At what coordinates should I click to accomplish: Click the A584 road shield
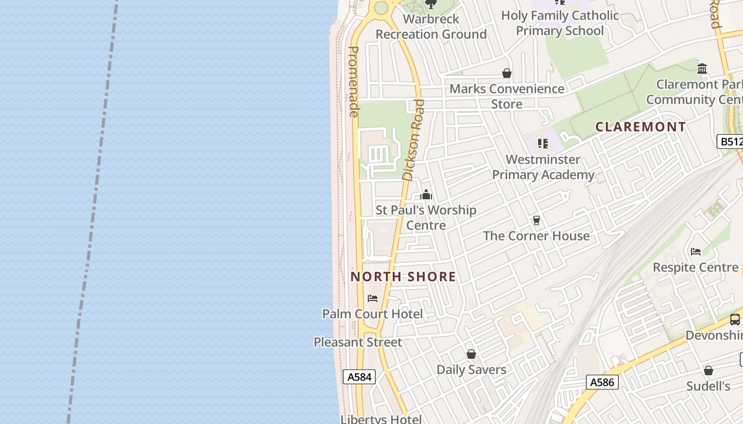[x=359, y=377]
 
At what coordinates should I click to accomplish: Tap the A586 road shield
[x=603, y=382]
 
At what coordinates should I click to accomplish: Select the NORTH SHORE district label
[x=403, y=277]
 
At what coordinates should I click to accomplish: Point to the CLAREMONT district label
[x=641, y=127]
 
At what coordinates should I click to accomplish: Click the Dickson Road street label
[x=414, y=140]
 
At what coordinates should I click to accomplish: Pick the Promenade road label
[x=353, y=82]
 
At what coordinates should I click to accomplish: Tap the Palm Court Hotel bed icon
[x=373, y=298]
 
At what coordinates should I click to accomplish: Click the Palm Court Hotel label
[x=373, y=314]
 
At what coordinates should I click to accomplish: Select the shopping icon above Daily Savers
[x=471, y=354]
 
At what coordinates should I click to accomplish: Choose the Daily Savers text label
[x=471, y=369]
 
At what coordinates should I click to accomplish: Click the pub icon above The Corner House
[x=536, y=220]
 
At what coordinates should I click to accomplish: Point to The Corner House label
[x=536, y=236]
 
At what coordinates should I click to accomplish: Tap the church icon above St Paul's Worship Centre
[x=426, y=195]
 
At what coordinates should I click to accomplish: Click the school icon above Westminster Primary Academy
[x=542, y=144]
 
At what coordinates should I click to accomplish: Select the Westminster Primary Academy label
[x=543, y=167]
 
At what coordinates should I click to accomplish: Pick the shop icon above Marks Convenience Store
[x=507, y=74]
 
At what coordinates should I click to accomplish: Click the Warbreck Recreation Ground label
[x=431, y=26]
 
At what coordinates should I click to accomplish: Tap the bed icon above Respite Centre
[x=696, y=251]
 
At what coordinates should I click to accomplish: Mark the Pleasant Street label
[x=358, y=342]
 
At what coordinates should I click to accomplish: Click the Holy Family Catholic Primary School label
[x=560, y=23]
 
